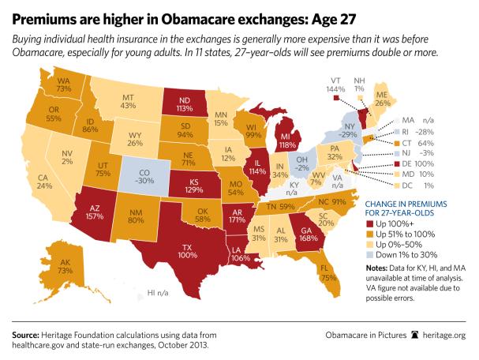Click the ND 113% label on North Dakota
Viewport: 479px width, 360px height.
point(178,106)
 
